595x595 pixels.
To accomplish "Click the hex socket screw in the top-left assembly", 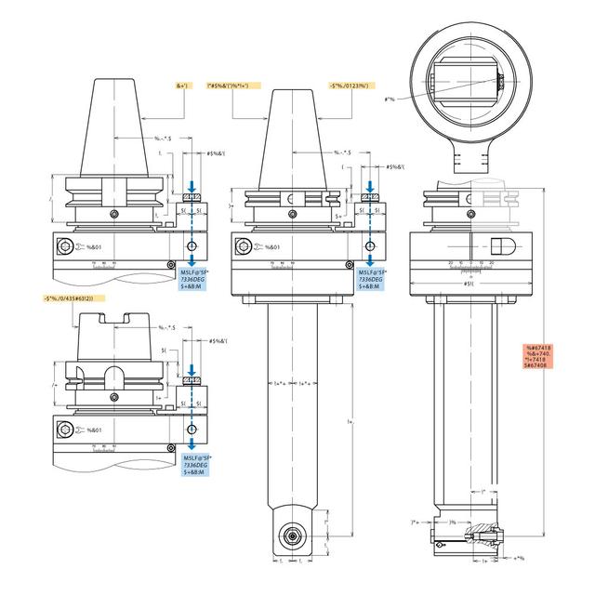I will pos(62,246).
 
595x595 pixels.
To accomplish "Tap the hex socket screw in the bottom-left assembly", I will pos(62,429).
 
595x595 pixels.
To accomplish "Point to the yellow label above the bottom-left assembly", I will pos(74,297).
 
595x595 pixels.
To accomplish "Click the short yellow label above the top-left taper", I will pos(181,86).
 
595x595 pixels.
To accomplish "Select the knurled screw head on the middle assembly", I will pos(371,197).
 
